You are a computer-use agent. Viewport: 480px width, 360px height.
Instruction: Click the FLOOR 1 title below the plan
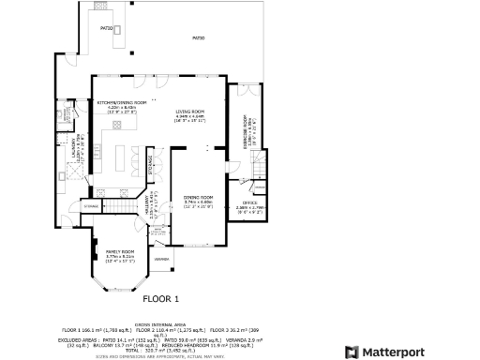pos(159,299)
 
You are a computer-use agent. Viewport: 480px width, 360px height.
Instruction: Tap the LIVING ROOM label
pos(190,112)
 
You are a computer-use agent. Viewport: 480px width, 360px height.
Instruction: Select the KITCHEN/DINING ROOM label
pos(122,102)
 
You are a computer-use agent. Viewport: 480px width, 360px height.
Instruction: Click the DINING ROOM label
pos(198,199)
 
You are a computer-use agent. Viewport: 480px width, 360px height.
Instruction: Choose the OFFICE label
pos(249,202)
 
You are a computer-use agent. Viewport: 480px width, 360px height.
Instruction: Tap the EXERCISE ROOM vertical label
pos(246,133)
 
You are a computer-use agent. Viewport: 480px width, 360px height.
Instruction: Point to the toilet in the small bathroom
pos(67,114)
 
